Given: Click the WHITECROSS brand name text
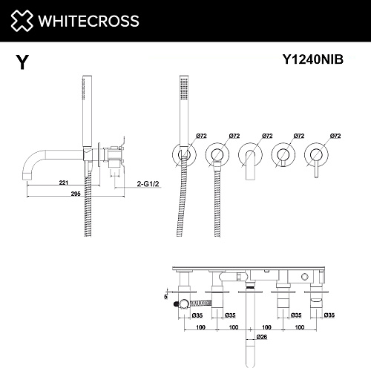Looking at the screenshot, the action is [89, 21].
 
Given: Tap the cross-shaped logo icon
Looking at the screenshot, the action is [22, 21].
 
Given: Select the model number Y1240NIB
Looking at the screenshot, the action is [313, 59].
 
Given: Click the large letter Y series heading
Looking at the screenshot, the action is [22, 62].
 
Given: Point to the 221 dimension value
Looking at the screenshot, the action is [64, 183].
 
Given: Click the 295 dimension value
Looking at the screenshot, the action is [76, 194].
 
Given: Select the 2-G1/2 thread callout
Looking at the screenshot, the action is [148, 184].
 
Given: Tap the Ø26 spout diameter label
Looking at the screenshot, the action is [262, 337].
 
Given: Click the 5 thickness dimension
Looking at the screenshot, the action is [165, 297].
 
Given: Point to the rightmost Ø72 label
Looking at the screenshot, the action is [335, 136].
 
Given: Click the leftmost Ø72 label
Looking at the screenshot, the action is [201, 136].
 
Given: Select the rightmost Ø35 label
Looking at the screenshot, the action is [329, 315].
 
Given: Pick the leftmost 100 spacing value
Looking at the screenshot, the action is [200, 327].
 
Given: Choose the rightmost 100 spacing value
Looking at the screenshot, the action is [300, 327].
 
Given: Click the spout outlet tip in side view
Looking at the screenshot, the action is [27, 179].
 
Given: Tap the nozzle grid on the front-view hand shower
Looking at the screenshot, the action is [184, 90].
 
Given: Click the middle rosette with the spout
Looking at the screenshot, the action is [250, 155].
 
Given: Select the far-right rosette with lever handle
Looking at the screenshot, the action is [316, 155].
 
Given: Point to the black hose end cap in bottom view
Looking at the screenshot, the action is [176, 303].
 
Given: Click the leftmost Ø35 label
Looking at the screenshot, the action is [197, 315].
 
